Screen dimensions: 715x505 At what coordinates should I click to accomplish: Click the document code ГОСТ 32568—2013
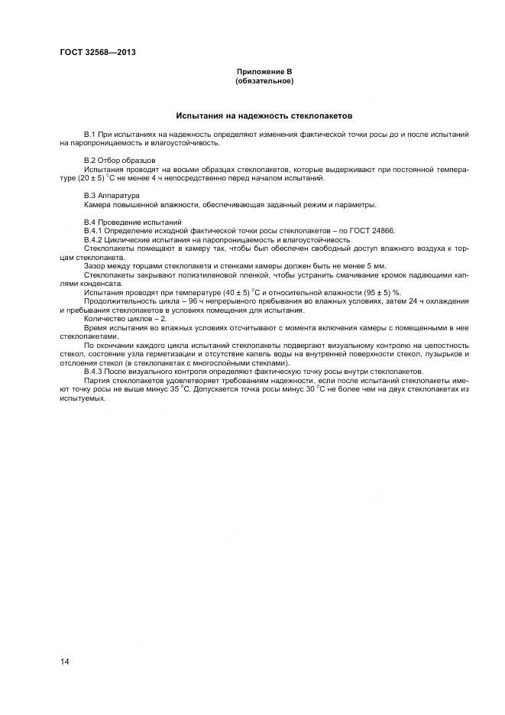click(92, 53)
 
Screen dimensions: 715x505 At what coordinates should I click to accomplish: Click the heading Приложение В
click(264, 71)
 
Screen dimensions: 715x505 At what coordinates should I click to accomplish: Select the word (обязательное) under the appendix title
click(264, 80)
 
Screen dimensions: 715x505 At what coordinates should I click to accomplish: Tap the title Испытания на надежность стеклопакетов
click(264, 117)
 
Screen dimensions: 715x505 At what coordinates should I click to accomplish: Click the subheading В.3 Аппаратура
click(112, 196)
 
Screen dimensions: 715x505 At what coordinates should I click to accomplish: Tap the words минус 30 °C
click(292, 389)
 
